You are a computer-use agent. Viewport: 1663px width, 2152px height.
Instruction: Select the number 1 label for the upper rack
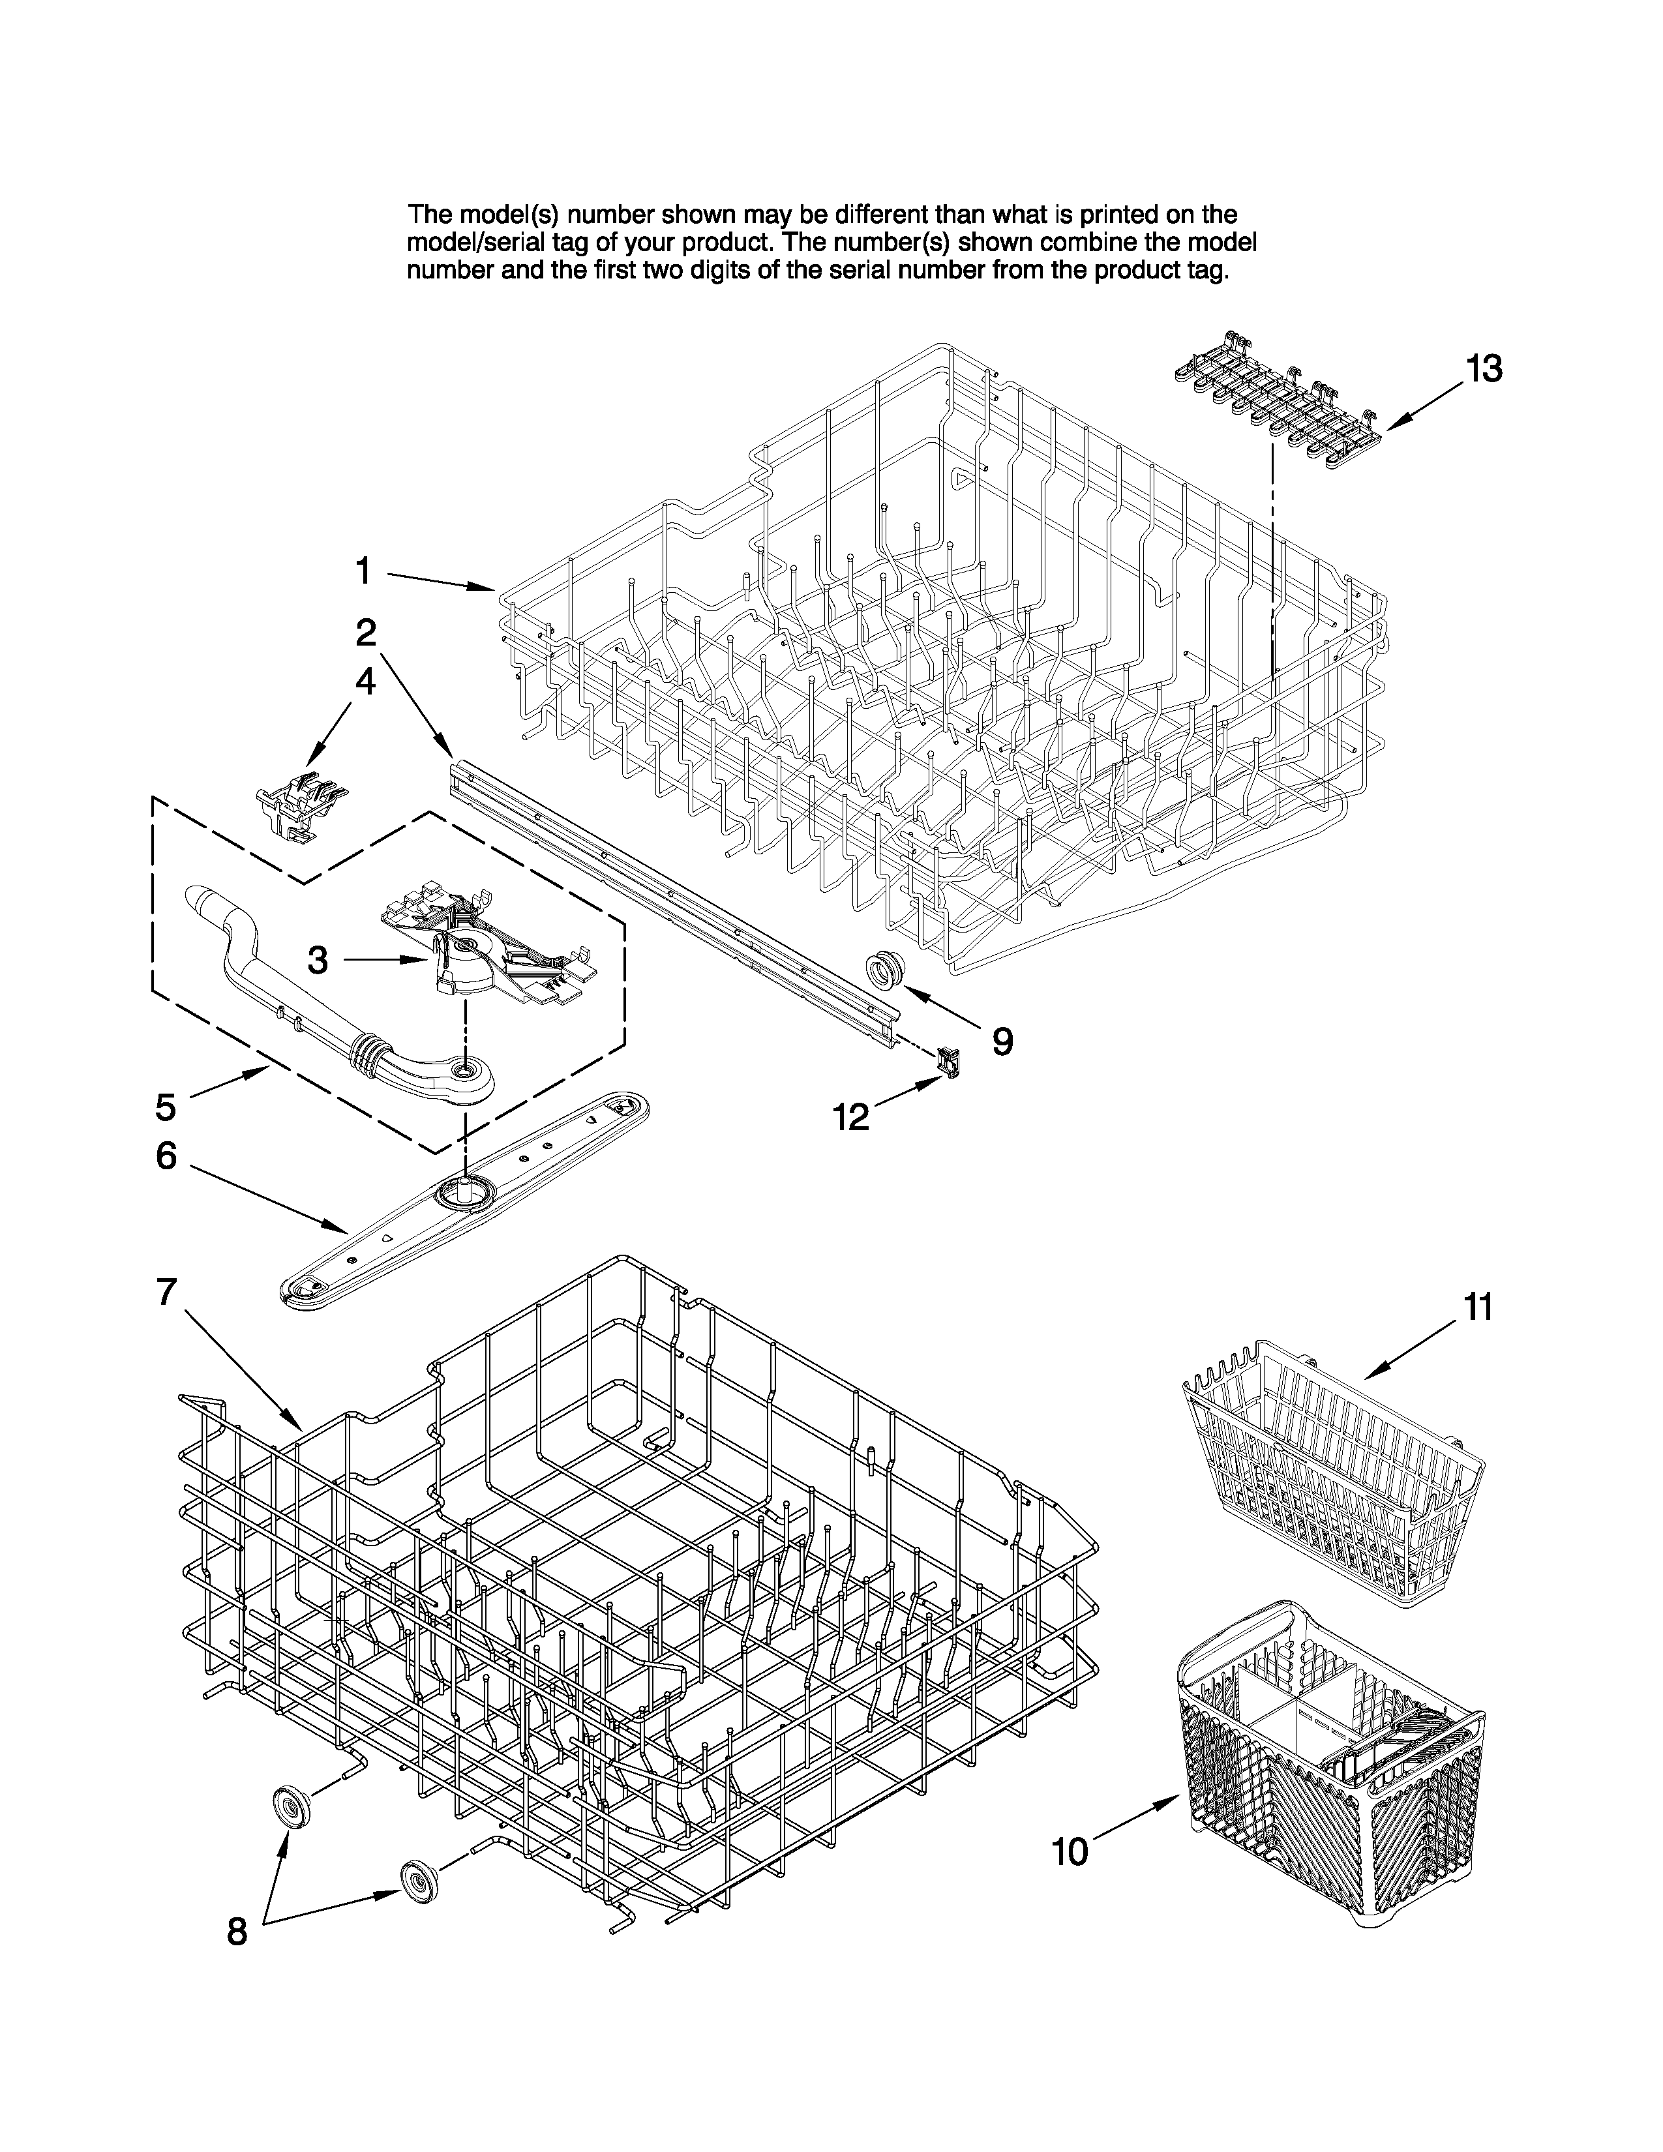[363, 569]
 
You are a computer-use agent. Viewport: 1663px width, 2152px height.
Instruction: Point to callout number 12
[851, 1116]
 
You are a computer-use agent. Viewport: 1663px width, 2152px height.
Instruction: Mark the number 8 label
[237, 1932]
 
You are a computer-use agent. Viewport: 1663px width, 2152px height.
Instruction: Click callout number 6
[166, 1156]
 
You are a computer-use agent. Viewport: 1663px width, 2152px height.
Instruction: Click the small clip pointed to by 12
[947, 1062]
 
